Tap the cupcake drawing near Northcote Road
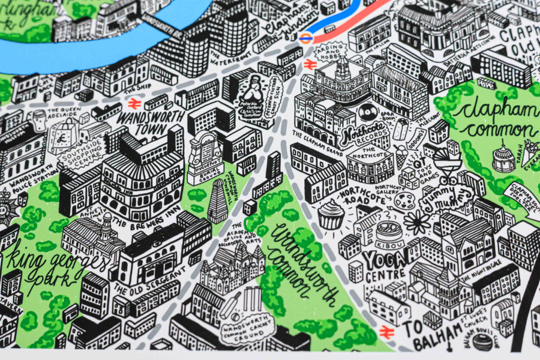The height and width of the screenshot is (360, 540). [x=329, y=214]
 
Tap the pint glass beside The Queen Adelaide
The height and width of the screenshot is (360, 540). [x=40, y=116]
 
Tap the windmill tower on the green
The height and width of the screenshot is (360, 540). [x=217, y=202]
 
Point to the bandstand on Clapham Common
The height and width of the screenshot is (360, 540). [x=503, y=158]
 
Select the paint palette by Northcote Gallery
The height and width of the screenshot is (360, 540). [x=406, y=200]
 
